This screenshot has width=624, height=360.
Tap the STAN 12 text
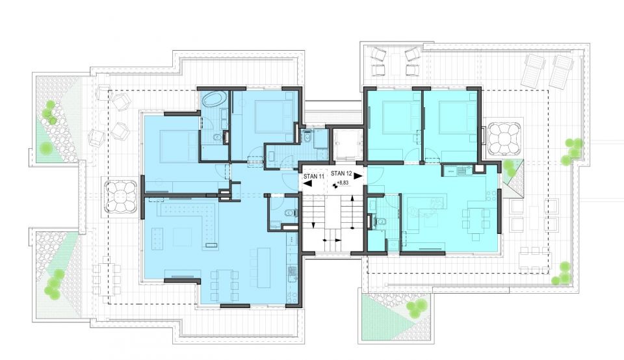341,173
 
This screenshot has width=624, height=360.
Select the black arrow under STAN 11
309,183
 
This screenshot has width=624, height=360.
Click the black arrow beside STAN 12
358,175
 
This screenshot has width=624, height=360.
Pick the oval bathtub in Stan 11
214,99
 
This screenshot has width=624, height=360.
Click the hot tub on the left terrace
121,197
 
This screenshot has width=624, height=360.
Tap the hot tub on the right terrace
502,138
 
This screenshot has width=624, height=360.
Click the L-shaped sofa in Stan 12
425,207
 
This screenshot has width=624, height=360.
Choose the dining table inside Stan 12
475,218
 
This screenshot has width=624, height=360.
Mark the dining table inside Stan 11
224,285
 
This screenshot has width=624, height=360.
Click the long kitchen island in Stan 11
263,268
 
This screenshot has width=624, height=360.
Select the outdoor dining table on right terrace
535,260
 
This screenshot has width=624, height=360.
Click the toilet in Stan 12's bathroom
381,222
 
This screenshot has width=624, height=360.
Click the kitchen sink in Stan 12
462,171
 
